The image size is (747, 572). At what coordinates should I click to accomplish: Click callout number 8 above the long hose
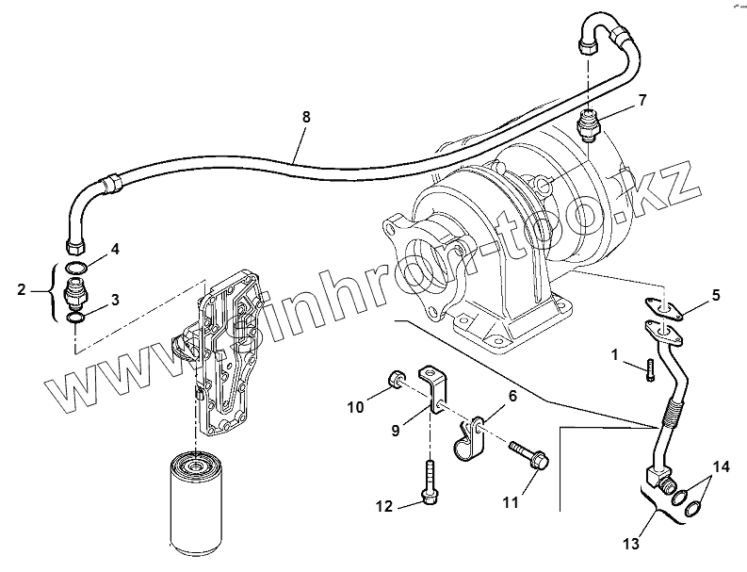pyautogui.click(x=305, y=117)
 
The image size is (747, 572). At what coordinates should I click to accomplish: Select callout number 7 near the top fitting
pyautogui.click(x=642, y=100)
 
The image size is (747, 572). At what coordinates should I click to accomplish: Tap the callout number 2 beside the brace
pyautogui.click(x=22, y=290)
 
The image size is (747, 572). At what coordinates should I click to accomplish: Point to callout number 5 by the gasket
pyautogui.click(x=715, y=295)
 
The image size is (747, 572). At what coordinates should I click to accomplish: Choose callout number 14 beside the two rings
pyautogui.click(x=720, y=466)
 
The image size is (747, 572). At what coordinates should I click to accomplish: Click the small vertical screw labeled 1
pyautogui.click(x=649, y=370)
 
